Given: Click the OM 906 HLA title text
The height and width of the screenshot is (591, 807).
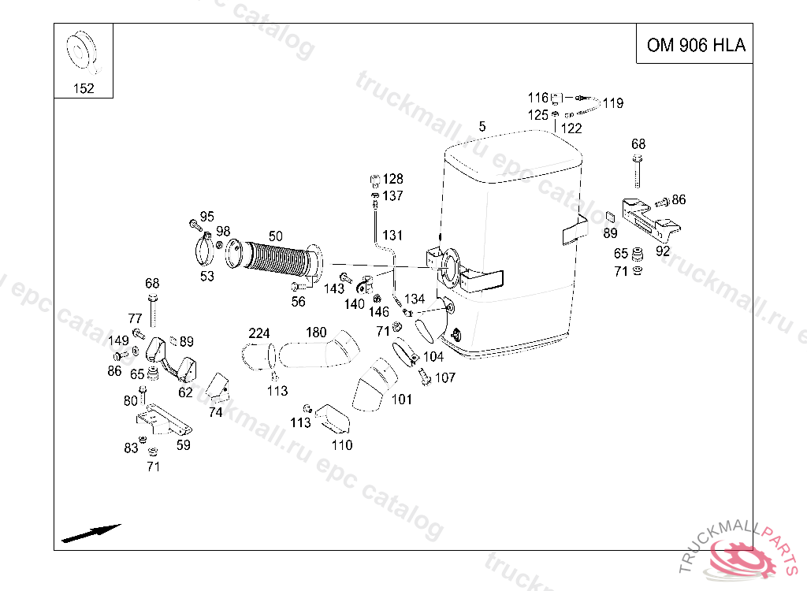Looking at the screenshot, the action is pyautogui.click(x=696, y=45).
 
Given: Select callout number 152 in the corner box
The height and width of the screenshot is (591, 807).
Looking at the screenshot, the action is pyautogui.click(x=84, y=88).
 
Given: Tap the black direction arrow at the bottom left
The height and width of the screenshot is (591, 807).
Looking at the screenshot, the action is pyautogui.click(x=91, y=533).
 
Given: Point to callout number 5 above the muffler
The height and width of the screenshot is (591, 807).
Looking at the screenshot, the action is pyautogui.click(x=482, y=127).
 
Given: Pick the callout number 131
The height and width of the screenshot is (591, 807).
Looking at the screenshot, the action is pyautogui.click(x=392, y=236).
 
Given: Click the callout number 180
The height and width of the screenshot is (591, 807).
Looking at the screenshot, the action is pyautogui.click(x=316, y=333).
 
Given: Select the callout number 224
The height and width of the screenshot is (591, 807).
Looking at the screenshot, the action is pyautogui.click(x=258, y=333).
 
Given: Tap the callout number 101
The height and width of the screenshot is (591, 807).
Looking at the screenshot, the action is pyautogui.click(x=401, y=399).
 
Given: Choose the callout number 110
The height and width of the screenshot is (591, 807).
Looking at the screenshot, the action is pyautogui.click(x=342, y=444).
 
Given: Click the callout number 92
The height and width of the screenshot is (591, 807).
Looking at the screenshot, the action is pyautogui.click(x=663, y=251).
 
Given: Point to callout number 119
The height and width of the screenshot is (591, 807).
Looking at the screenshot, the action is pyautogui.click(x=613, y=103).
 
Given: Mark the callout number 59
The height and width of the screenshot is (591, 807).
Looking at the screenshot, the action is pyautogui.click(x=183, y=444).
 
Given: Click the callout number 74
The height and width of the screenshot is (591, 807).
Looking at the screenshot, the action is pyautogui.click(x=216, y=412).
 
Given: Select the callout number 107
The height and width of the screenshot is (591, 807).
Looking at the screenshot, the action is pyautogui.click(x=445, y=378).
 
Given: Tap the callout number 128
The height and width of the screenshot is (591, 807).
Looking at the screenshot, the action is pyautogui.click(x=392, y=179).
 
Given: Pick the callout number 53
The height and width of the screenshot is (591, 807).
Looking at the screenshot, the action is pyautogui.click(x=207, y=277).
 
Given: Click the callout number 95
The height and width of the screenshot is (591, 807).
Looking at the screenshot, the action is pyautogui.click(x=207, y=217).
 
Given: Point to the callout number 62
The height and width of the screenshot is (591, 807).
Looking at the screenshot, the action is pyautogui.click(x=185, y=392).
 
